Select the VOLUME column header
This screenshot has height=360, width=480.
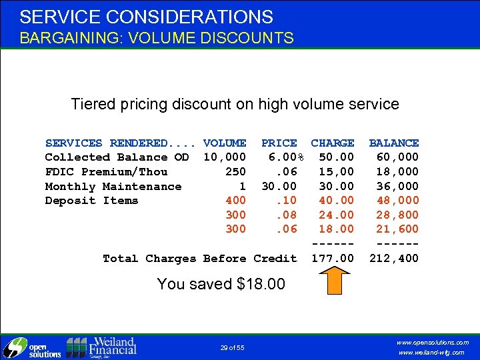click(225, 143)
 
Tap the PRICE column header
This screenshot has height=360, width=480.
click(279, 143)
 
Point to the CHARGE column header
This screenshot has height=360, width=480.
click(333, 143)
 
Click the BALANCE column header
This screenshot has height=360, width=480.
click(394, 143)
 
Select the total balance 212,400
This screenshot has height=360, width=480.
click(394, 258)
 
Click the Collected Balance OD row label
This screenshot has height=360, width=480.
click(117, 157)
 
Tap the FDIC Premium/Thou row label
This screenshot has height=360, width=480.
click(106, 172)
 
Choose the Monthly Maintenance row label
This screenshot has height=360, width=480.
click(113, 187)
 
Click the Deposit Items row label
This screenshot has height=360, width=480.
click(91, 201)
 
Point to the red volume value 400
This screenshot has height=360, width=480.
click(235, 201)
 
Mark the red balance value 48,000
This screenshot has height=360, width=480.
click(397, 201)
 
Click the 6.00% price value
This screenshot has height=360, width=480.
click(286, 157)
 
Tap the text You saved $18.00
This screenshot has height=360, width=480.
click(221, 284)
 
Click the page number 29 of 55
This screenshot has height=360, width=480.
click(233, 348)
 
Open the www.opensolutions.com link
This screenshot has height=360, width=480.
click(433, 342)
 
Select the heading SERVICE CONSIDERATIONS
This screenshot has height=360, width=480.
click(146, 17)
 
